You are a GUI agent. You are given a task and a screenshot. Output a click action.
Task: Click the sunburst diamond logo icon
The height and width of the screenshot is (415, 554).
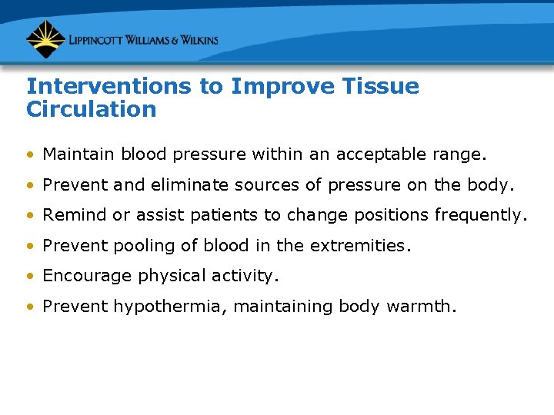(x=45, y=39)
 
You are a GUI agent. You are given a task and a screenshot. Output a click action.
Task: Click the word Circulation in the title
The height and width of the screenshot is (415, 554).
(x=91, y=109)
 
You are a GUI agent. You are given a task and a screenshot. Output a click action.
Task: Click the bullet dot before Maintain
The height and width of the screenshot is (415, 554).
(x=30, y=154)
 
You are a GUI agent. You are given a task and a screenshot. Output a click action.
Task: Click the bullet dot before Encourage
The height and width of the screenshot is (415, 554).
(x=30, y=277)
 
